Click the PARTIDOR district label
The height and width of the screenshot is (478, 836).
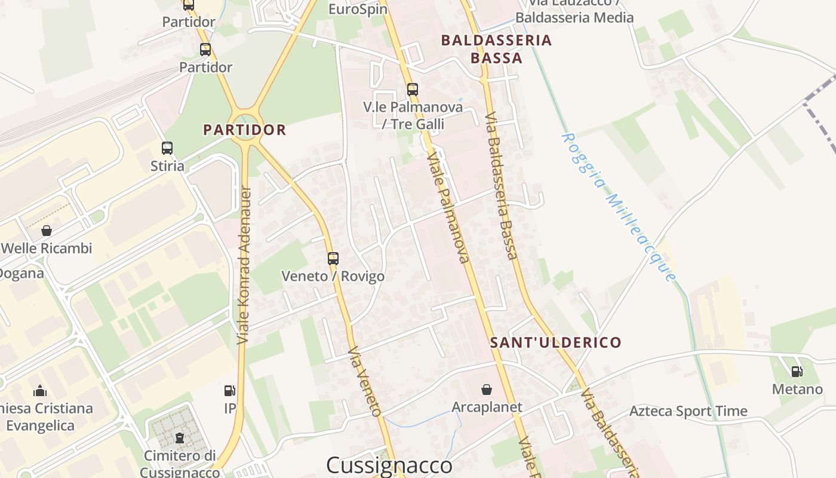(x=245, y=130)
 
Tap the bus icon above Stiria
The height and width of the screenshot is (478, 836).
(x=167, y=148)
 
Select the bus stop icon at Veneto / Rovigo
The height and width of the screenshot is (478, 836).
(x=333, y=259)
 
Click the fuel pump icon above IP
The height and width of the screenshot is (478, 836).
(x=230, y=391)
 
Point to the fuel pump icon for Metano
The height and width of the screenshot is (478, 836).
(x=797, y=372)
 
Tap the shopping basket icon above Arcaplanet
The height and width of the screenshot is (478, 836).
(x=487, y=390)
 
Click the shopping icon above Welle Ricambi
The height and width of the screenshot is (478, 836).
(x=47, y=230)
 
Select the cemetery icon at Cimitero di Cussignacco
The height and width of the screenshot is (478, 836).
(x=180, y=437)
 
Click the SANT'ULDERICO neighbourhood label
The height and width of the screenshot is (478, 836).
(x=555, y=342)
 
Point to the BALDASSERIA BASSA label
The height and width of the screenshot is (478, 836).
(x=496, y=49)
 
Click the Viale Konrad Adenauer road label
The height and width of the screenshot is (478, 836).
(x=244, y=265)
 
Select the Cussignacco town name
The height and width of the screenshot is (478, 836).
(x=389, y=465)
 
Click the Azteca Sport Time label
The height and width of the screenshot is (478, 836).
(x=688, y=411)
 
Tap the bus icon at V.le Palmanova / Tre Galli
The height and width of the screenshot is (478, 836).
(x=413, y=90)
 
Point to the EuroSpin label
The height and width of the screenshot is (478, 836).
(x=358, y=9)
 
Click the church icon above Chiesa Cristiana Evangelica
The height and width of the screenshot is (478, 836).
(x=41, y=391)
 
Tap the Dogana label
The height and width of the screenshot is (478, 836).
(x=21, y=274)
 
